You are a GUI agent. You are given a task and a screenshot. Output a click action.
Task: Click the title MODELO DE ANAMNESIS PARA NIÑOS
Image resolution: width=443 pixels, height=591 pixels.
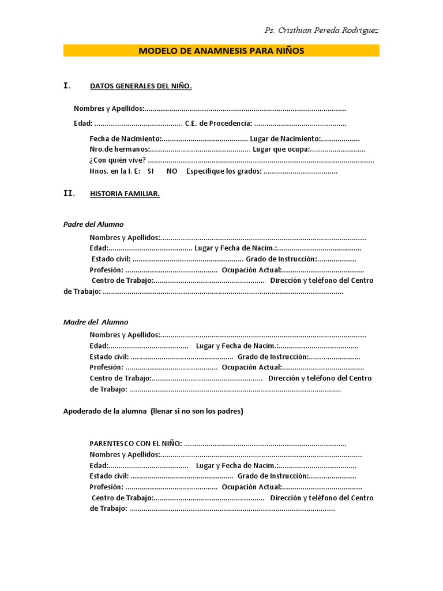click(221, 51)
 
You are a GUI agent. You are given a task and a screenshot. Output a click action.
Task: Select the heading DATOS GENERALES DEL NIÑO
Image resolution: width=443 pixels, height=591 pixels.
click(141, 87)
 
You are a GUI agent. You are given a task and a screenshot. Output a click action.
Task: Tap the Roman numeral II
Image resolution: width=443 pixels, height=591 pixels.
click(69, 194)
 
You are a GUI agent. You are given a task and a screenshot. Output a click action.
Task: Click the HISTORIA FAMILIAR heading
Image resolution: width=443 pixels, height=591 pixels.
click(125, 194)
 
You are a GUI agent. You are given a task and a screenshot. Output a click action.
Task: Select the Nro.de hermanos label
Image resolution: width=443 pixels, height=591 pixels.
click(119, 149)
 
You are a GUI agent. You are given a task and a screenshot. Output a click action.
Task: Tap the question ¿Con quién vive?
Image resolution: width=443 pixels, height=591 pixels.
click(118, 160)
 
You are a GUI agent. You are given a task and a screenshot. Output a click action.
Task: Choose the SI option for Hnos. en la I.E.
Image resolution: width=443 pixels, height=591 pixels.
click(151, 171)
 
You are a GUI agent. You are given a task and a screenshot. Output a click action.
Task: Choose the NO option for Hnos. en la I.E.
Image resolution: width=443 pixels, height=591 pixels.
click(172, 171)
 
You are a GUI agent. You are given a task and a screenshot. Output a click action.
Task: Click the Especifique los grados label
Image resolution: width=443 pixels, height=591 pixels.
click(224, 171)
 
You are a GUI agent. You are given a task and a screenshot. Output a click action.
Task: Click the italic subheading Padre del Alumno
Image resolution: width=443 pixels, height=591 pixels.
click(93, 225)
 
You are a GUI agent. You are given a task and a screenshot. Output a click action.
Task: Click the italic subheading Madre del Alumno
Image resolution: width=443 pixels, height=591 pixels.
click(96, 322)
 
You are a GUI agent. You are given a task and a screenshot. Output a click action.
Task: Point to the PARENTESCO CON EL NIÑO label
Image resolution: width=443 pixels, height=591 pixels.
click(136, 443)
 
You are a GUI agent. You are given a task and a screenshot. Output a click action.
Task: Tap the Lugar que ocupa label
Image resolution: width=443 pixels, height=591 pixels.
click(281, 149)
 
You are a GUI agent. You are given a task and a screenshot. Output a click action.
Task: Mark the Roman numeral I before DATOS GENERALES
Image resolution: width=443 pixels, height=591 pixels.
click(66, 86)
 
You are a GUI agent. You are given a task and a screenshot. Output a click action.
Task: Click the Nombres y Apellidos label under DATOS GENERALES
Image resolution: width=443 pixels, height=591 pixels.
click(109, 109)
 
